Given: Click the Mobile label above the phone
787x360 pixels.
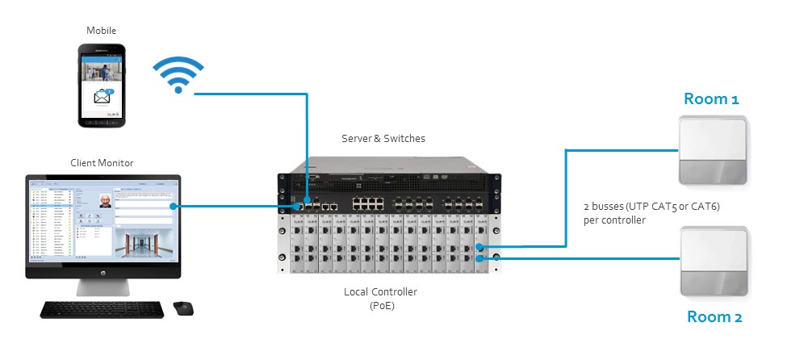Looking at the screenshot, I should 101,30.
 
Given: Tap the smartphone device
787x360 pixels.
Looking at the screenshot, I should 102,85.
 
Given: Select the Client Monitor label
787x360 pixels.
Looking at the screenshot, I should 102,163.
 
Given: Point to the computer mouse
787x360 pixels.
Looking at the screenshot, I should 182,308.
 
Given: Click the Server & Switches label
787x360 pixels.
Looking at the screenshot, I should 383,139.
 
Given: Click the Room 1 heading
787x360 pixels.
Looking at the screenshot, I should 711,99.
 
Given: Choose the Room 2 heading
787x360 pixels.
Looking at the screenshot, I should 714,317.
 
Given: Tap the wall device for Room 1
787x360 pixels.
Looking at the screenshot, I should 714,151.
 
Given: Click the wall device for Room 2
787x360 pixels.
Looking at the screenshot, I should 714,262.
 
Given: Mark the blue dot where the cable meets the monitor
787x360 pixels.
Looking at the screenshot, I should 175,206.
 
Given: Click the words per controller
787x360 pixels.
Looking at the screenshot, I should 613,220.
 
